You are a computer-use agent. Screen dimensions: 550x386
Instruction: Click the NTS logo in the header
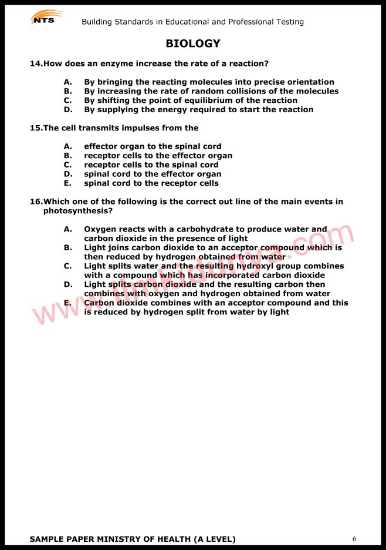coord(46,18)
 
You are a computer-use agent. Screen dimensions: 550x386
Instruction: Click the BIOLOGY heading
coord(193,43)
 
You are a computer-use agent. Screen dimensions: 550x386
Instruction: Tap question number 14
coord(36,63)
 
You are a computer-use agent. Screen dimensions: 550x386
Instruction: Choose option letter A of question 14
coord(67,82)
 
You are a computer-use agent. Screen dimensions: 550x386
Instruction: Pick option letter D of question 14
coord(67,109)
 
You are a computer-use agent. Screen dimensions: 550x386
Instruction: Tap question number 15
coord(36,128)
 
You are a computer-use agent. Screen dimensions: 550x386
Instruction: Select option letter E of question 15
coord(67,183)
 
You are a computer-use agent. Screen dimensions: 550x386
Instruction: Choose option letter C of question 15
coord(67,165)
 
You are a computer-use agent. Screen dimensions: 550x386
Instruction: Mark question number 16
coord(36,202)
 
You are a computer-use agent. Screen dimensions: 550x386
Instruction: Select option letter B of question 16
coord(67,247)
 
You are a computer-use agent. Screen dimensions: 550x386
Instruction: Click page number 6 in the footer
coord(354,539)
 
